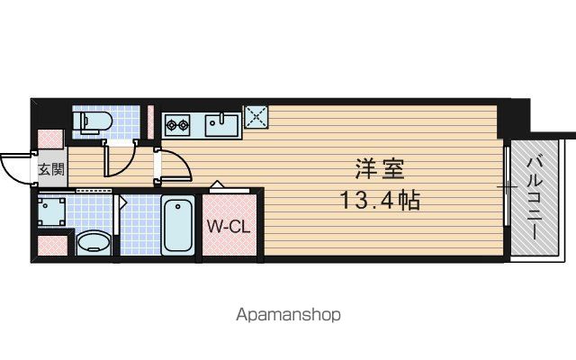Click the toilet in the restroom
click(92, 121)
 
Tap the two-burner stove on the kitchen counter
click(177, 125)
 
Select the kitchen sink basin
click(221, 125)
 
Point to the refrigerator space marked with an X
click(256, 117)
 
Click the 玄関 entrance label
click(52, 169)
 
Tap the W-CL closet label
click(229, 226)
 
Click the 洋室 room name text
click(379, 169)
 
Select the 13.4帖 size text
click(380, 201)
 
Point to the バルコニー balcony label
click(535, 198)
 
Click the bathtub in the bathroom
click(178, 225)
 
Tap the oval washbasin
click(94, 243)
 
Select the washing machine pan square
click(52, 212)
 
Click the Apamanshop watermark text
click(288, 315)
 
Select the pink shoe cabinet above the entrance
click(51, 139)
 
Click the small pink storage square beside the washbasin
click(53, 245)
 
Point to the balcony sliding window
click(507, 186)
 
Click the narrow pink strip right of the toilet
click(150, 122)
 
